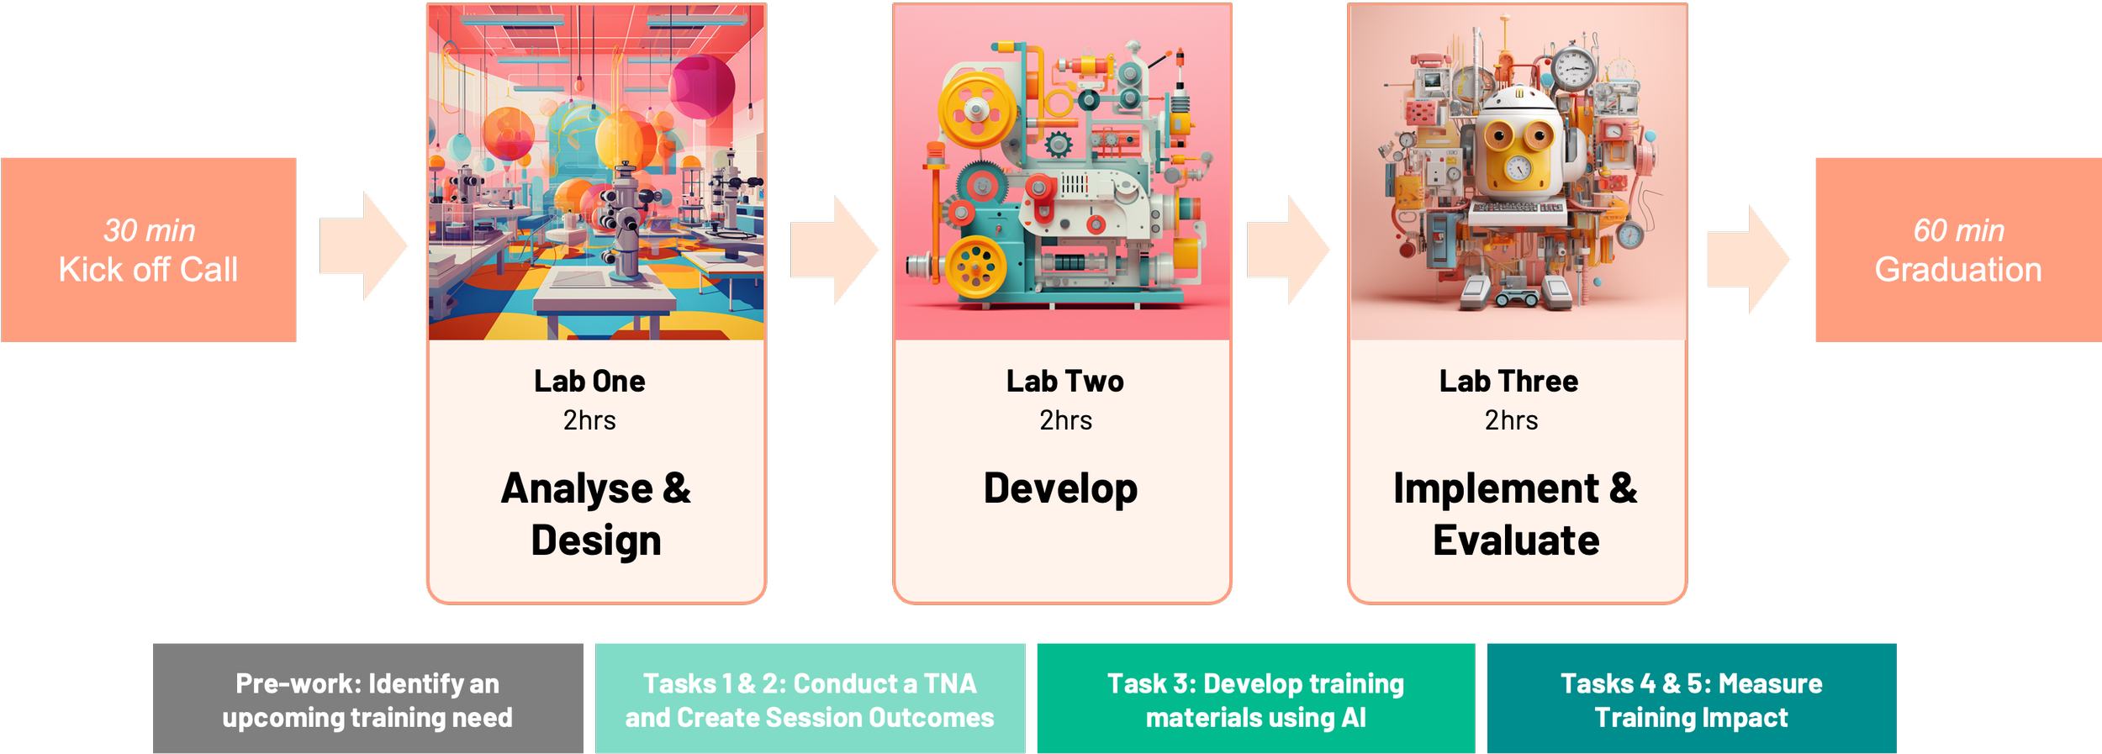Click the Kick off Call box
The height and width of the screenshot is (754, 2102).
[149, 250]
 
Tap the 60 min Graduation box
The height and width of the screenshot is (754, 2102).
[1958, 250]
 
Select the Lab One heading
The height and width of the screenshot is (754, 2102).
[589, 382]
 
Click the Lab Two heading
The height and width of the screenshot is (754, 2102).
[1064, 382]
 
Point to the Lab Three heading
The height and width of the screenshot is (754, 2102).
[1508, 382]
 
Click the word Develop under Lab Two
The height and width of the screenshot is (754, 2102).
[1060, 489]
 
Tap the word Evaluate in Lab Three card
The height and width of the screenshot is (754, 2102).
[1516, 540]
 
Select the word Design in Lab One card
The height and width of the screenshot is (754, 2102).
[596, 540]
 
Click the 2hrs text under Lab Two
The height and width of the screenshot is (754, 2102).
[1065, 420]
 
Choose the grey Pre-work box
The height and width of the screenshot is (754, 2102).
[367, 699]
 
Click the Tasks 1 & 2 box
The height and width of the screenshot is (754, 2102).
[810, 699]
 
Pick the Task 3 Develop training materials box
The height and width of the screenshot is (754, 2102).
[1255, 699]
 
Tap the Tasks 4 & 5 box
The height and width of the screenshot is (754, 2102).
[1691, 699]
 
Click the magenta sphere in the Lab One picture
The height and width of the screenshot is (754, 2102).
[703, 87]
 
